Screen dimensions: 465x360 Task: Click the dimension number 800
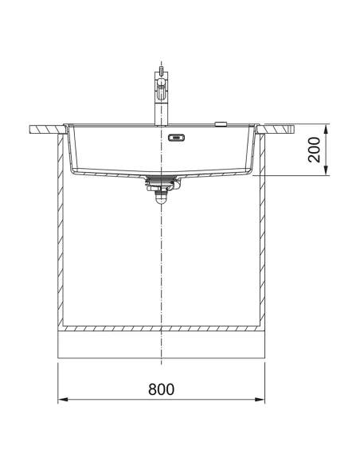161,389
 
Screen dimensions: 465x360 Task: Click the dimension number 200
315,150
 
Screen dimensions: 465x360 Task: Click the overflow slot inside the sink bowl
175,136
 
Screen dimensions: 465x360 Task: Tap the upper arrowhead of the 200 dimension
327,127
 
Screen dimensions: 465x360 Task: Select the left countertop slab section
45,127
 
